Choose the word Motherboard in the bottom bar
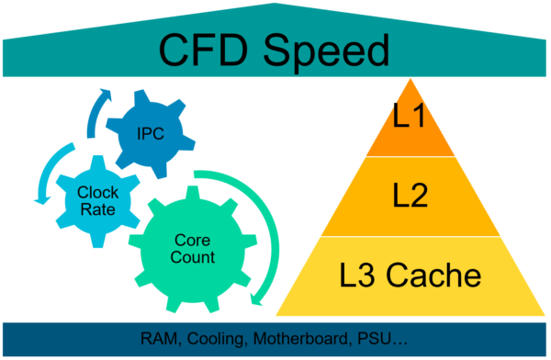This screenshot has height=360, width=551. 299,339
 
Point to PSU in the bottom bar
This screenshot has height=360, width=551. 371,339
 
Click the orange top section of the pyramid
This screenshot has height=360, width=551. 410,124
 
